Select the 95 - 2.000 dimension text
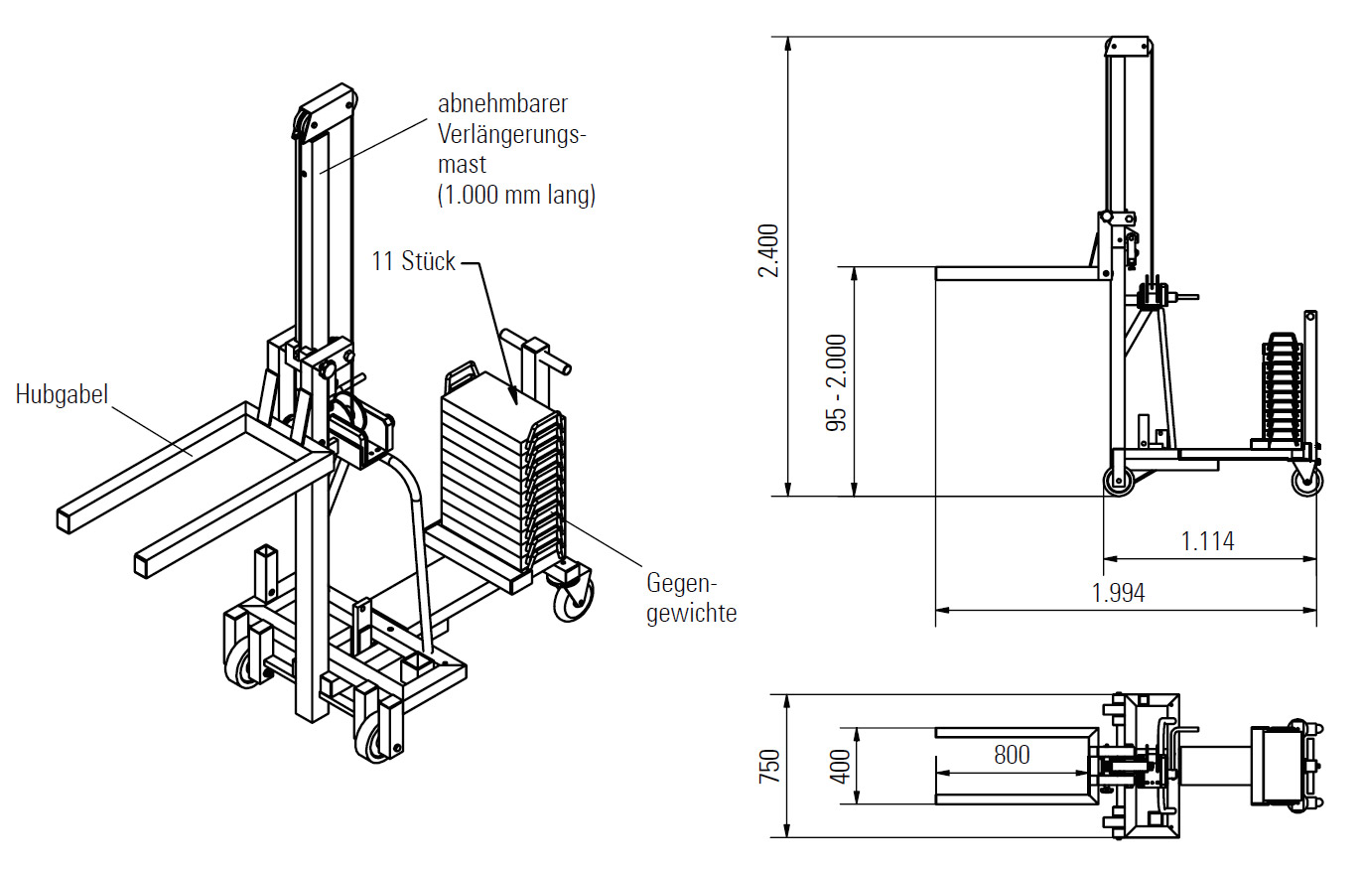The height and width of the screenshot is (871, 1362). (837, 381)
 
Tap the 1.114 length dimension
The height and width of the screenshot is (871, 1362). (1207, 541)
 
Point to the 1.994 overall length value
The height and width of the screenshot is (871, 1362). (1118, 593)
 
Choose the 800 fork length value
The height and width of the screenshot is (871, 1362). (1012, 755)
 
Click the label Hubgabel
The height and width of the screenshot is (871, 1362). (62, 394)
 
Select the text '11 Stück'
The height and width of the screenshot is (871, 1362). (414, 261)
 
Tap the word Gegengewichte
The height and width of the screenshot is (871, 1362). (692, 598)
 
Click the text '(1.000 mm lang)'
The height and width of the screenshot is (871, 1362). (516, 196)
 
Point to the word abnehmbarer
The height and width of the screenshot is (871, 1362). (502, 103)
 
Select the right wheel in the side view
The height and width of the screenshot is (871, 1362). (1306, 482)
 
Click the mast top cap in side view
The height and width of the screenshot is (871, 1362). (1130, 47)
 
